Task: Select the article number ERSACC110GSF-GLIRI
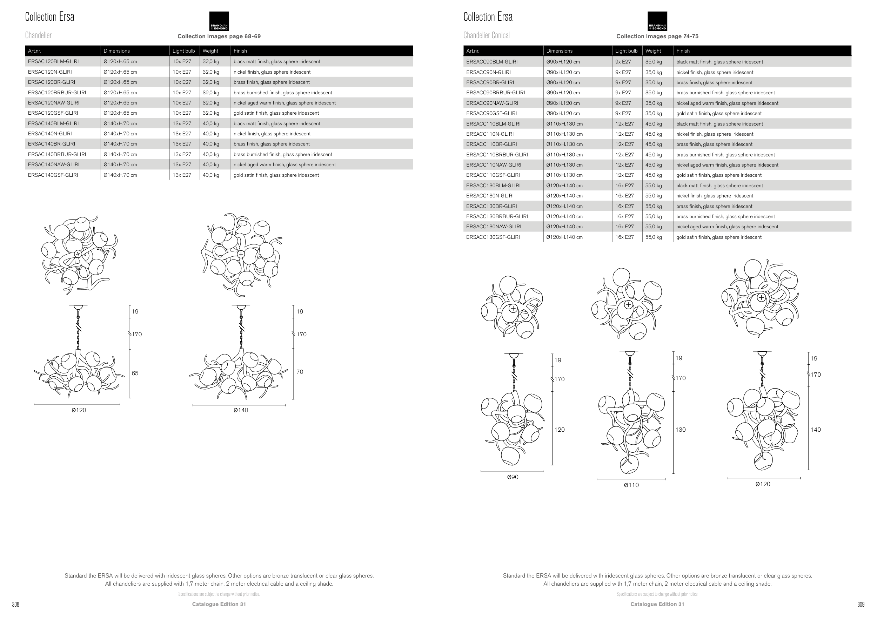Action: click(x=493, y=175)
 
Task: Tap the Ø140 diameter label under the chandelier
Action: click(x=241, y=410)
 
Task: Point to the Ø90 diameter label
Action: click(x=513, y=477)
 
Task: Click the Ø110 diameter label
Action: click(x=631, y=485)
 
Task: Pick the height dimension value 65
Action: click(x=135, y=373)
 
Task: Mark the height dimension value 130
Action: click(x=680, y=430)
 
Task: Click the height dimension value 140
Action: click(x=816, y=430)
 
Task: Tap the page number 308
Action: click(x=16, y=604)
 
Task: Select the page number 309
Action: click(x=861, y=604)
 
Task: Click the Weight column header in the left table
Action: click(x=210, y=51)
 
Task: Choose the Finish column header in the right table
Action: click(x=683, y=51)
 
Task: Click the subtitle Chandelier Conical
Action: click(x=486, y=35)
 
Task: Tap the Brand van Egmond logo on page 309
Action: click(x=657, y=21)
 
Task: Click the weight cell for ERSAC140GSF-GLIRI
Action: click(x=211, y=175)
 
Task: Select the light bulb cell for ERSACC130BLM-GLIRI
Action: click(x=624, y=186)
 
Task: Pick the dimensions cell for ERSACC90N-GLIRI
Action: click(x=563, y=72)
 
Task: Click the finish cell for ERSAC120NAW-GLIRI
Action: click(x=284, y=103)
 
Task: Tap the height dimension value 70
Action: click(x=300, y=372)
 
